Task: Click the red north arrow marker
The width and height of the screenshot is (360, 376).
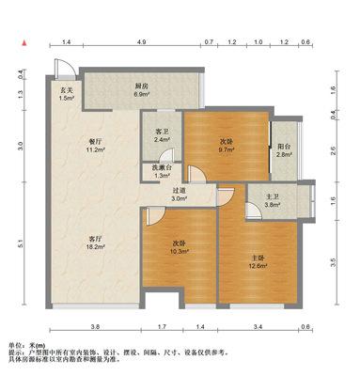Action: click(x=23, y=43)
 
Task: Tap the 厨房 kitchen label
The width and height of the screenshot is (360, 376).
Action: click(x=141, y=86)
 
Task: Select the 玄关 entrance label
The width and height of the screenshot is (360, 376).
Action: click(x=67, y=90)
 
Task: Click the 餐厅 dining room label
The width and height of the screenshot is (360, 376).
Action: click(x=95, y=142)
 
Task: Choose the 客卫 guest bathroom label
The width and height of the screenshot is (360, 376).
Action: click(x=162, y=132)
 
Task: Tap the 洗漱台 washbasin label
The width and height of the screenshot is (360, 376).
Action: click(x=163, y=168)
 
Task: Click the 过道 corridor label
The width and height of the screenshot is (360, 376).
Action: click(x=180, y=191)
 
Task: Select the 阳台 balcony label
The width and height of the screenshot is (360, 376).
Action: click(x=284, y=147)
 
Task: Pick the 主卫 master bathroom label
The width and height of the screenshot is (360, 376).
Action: click(x=272, y=197)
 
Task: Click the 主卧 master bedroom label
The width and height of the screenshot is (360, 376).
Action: click(x=258, y=258)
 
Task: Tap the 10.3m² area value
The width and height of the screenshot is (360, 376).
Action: click(x=180, y=251)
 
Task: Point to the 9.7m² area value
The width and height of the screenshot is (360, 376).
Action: click(x=227, y=149)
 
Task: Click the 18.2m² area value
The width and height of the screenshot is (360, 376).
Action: click(x=96, y=246)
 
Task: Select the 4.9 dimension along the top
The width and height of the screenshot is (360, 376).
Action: click(x=142, y=41)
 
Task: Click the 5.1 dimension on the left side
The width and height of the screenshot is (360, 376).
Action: click(x=21, y=243)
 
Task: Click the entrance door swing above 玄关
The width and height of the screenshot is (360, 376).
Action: click(x=66, y=68)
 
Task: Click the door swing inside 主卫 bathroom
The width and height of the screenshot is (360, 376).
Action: click(x=253, y=210)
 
